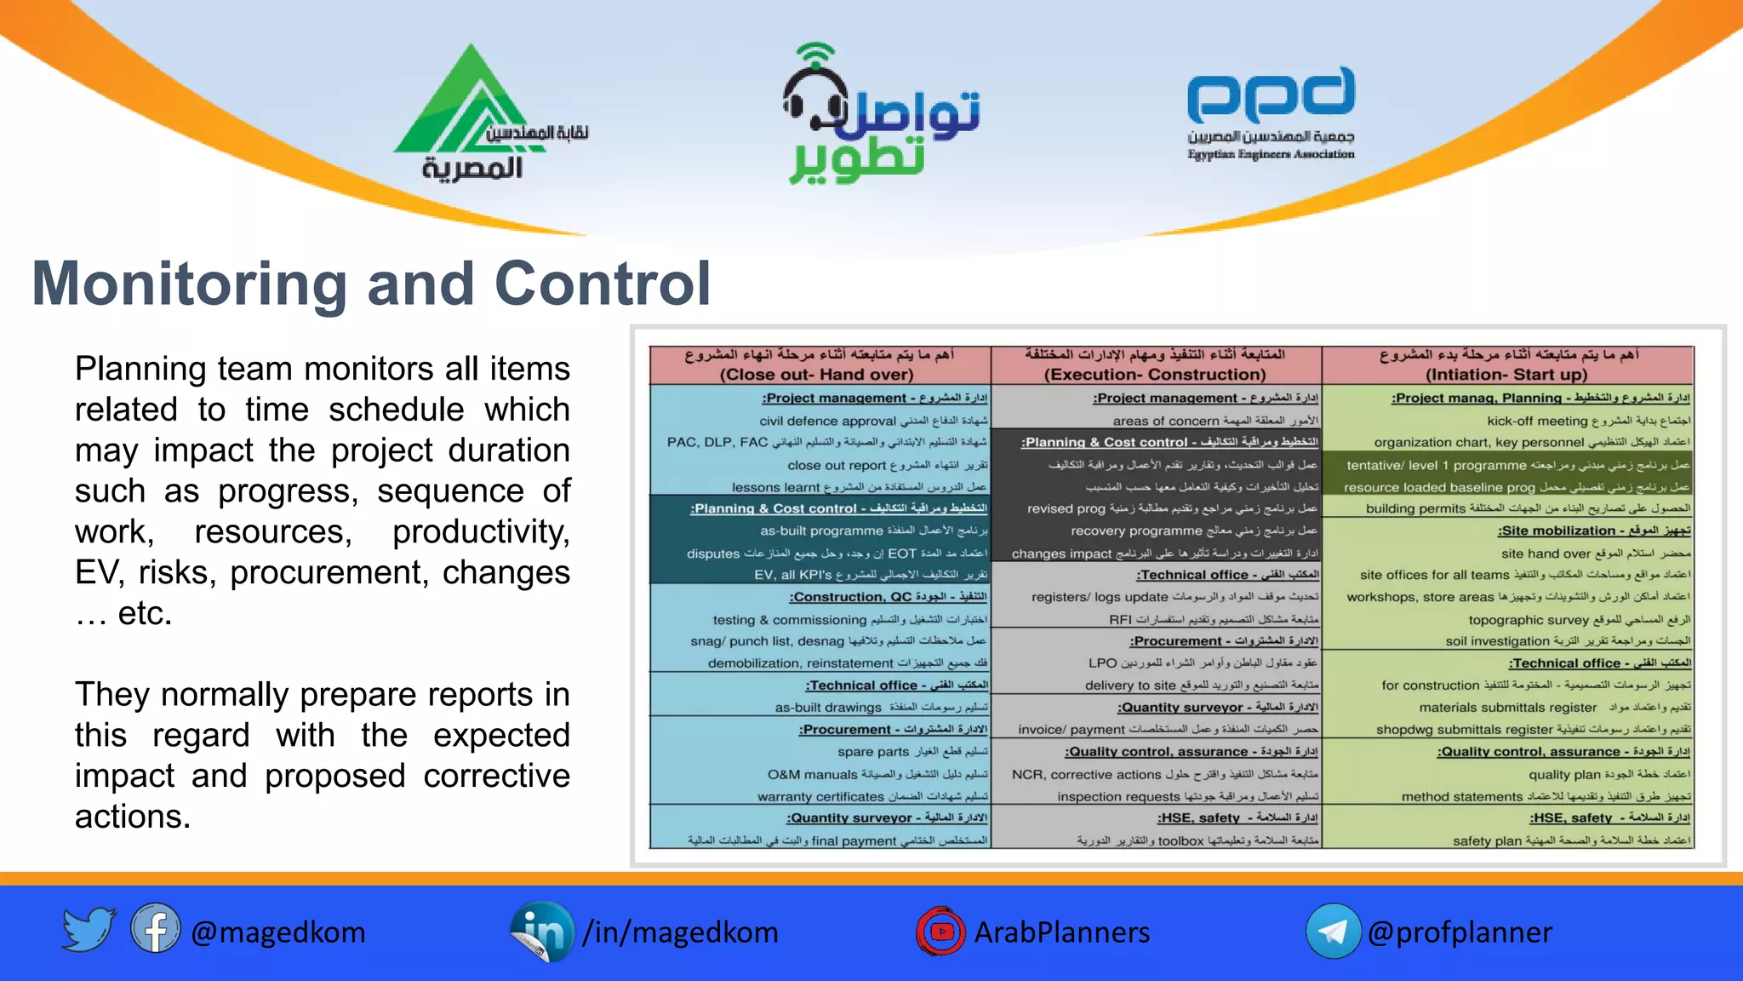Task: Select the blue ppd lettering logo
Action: [1271, 95]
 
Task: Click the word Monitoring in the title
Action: [189, 284]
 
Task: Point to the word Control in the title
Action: [603, 284]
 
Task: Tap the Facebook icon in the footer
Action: [155, 930]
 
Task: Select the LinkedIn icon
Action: [541, 932]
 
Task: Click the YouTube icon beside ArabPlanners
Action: [940, 932]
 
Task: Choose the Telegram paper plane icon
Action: [1333, 932]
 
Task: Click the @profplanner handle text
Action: [1459, 932]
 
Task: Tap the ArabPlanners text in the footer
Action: [1061, 932]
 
